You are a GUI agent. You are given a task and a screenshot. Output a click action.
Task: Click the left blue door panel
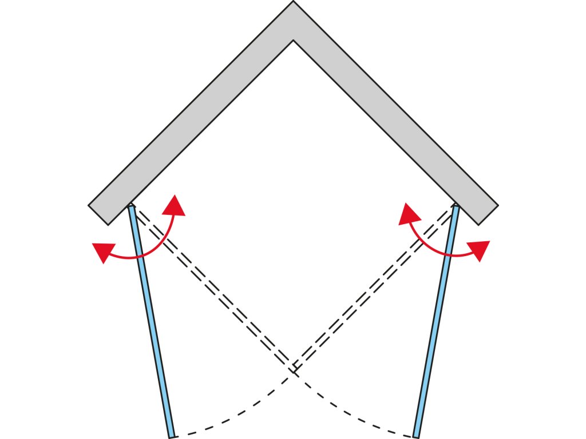[x=152, y=320]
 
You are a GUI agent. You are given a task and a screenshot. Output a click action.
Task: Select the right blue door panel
[x=435, y=320]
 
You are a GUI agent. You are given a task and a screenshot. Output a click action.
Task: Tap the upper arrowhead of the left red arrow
[x=175, y=206]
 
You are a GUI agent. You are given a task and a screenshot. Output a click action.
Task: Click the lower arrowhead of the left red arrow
[x=102, y=252]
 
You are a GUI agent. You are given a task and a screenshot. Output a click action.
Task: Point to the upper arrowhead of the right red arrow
[x=409, y=214]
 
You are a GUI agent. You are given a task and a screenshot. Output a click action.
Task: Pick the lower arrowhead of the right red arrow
[x=480, y=249]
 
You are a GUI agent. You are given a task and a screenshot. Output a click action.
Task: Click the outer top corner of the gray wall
[x=293, y=2]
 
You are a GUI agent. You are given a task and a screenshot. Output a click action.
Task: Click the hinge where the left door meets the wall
[x=131, y=206]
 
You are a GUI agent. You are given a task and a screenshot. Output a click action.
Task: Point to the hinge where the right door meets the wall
[x=456, y=206]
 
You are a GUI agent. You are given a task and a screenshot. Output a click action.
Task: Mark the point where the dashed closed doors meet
[x=294, y=369]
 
